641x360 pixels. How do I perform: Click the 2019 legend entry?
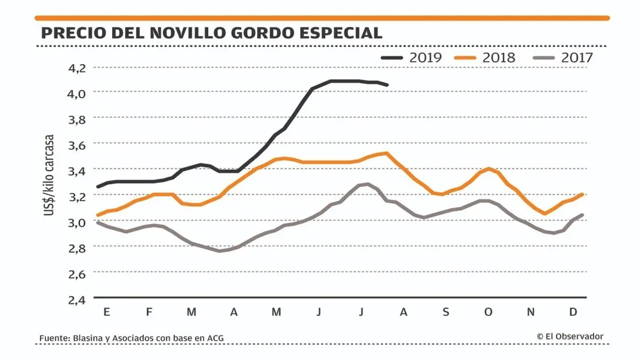tap(412, 58)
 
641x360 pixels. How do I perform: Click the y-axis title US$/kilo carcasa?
tap(49, 174)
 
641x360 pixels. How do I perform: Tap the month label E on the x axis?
tap(106, 312)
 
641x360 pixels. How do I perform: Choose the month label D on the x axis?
tap(574, 312)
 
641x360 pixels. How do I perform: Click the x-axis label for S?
tap(446, 312)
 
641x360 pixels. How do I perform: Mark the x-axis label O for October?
tap(488, 312)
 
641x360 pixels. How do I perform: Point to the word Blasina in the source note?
tap(91, 338)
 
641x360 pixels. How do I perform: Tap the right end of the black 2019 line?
tap(387, 85)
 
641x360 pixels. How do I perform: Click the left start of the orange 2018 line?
tap(97, 215)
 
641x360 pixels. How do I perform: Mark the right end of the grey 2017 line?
tap(582, 215)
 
